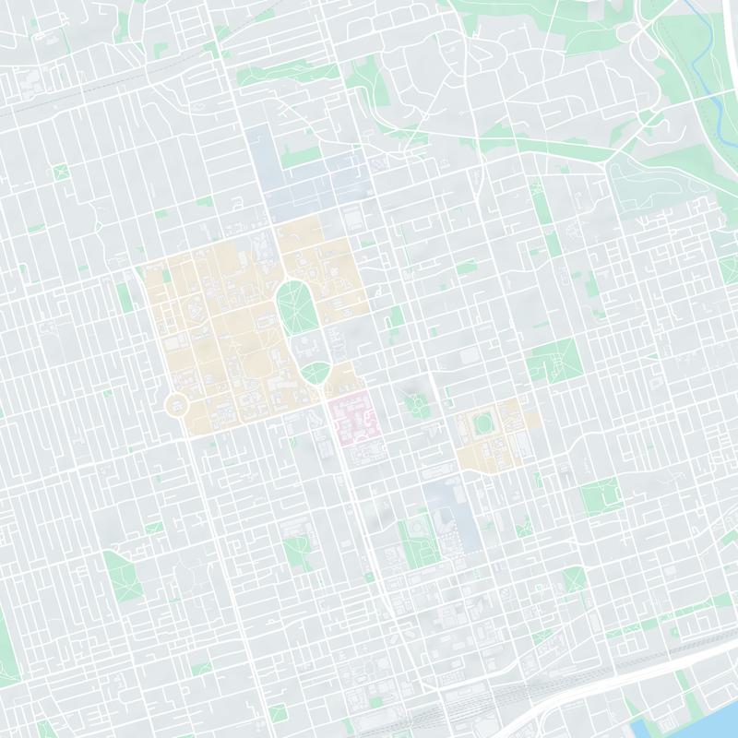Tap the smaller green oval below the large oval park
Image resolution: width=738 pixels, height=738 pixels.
click(x=315, y=374)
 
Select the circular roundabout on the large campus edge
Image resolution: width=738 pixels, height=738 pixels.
click(x=176, y=404)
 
